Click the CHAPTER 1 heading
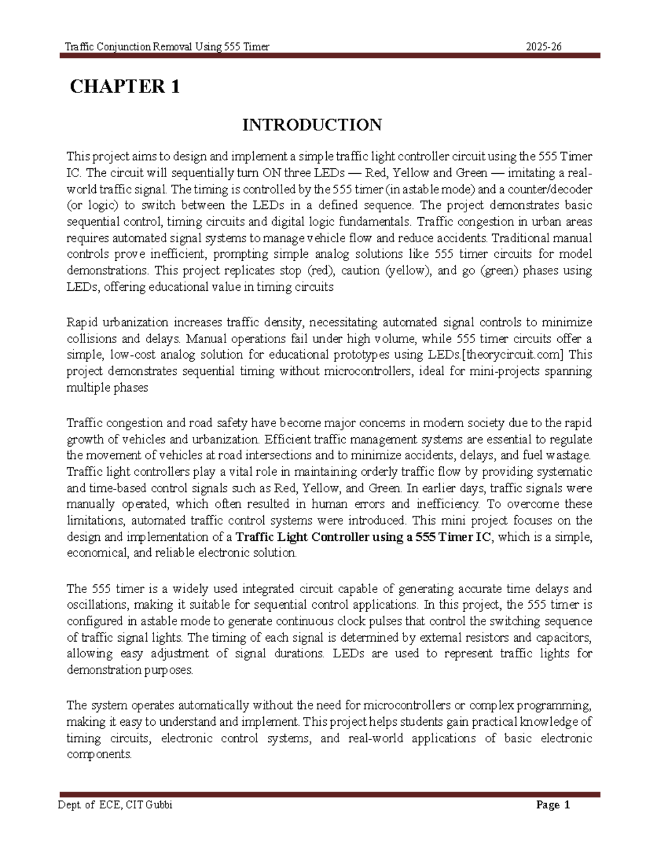(124, 87)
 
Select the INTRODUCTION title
(312, 125)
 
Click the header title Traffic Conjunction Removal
(167, 47)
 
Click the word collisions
(92, 339)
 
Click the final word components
(99, 755)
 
